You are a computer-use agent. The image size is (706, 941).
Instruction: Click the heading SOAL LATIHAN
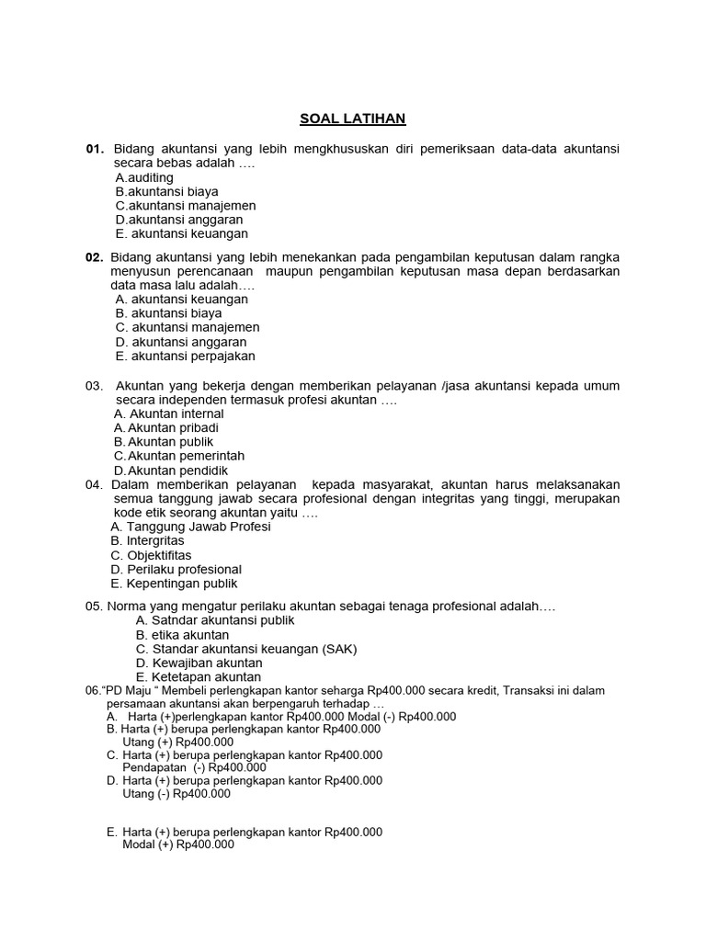click(x=352, y=119)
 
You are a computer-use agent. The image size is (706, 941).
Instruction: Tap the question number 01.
click(x=95, y=149)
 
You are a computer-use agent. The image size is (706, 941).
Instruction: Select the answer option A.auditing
click(x=144, y=177)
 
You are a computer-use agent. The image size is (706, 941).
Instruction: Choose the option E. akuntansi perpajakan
click(x=185, y=356)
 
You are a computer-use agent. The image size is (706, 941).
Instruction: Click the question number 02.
click(x=95, y=257)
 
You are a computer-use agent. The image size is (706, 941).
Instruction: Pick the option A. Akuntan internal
click(x=168, y=414)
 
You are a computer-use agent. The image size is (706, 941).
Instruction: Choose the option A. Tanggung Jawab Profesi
click(x=190, y=527)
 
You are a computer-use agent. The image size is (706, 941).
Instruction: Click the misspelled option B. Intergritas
click(x=147, y=541)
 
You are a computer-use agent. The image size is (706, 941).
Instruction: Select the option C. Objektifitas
click(x=151, y=555)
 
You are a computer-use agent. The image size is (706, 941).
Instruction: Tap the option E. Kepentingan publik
click(x=174, y=584)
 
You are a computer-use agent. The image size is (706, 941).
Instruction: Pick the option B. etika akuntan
click(x=182, y=635)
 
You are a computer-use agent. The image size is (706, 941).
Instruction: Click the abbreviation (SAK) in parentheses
click(x=338, y=649)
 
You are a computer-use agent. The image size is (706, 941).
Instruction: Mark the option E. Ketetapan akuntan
click(x=199, y=677)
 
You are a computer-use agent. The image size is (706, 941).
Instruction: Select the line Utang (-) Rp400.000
click(x=176, y=793)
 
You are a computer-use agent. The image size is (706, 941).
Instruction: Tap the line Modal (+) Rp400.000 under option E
click(x=178, y=845)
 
